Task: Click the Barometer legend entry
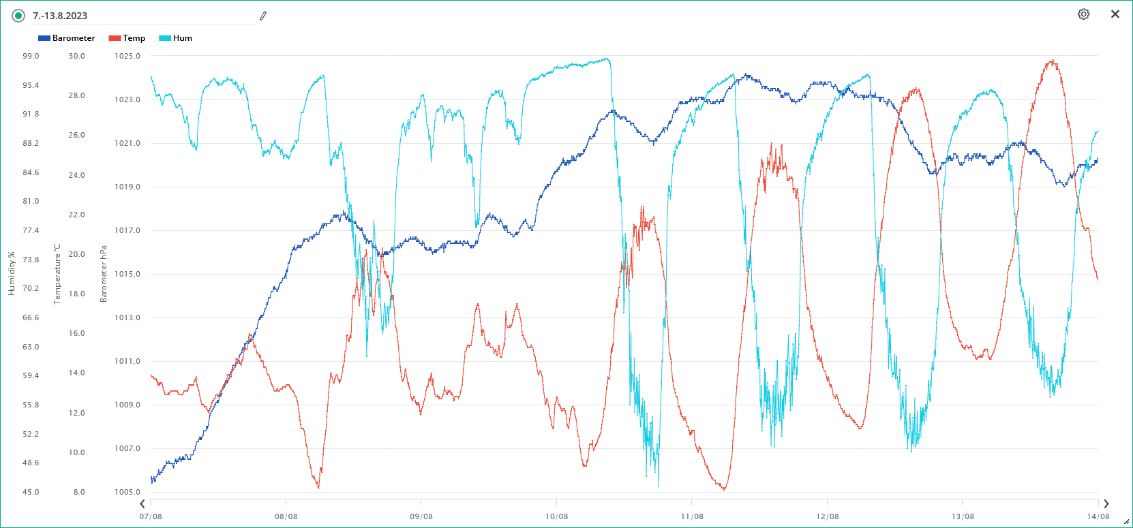point(67,38)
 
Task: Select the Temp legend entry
point(127,38)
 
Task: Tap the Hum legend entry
point(176,38)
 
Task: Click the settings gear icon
point(1083,14)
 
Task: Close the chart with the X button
point(1115,14)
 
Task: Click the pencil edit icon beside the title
point(263,16)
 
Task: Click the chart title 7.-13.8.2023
point(60,16)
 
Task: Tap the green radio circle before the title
point(18,16)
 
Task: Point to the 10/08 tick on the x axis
point(556,516)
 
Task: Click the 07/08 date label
point(151,516)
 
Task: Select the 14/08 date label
point(1098,516)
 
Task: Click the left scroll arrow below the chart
point(142,504)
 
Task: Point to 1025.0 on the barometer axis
point(127,56)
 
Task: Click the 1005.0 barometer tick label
point(127,492)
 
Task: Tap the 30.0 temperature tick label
point(77,56)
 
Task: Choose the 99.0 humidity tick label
point(31,56)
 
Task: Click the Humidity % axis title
point(12,274)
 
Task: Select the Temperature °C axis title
point(57,274)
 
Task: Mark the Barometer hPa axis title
point(104,274)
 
